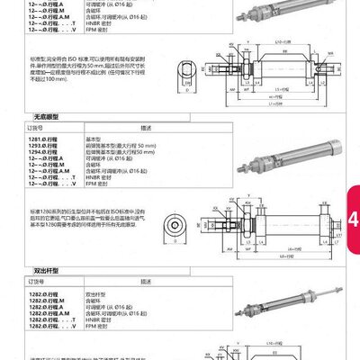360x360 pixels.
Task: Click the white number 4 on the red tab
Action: pyautogui.click(x=352, y=219)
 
